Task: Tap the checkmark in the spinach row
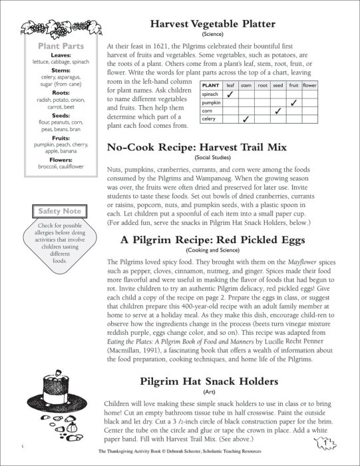pos(230,95)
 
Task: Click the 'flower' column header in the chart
pos(309,86)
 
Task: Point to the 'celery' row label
pos(209,118)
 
